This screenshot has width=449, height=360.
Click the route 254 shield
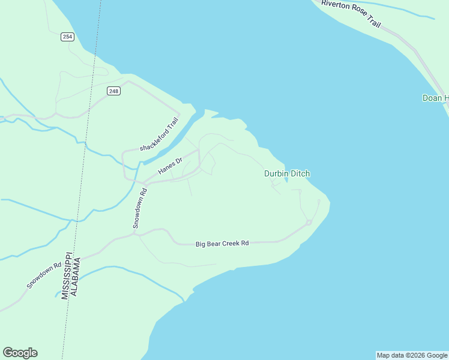point(67,37)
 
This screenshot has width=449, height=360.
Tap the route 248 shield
point(114,91)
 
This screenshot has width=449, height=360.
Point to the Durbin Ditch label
point(287,173)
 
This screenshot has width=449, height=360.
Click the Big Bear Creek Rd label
point(222,244)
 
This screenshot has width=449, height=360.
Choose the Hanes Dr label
point(169,166)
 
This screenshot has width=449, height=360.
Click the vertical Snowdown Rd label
point(139,208)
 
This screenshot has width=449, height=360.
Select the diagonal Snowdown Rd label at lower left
point(44,275)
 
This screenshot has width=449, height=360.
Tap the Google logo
point(20,353)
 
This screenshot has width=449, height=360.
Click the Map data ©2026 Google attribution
point(412,355)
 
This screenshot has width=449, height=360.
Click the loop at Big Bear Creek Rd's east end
point(309,223)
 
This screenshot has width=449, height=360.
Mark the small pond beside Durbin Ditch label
point(286,179)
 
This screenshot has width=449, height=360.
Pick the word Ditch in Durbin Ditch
point(300,173)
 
